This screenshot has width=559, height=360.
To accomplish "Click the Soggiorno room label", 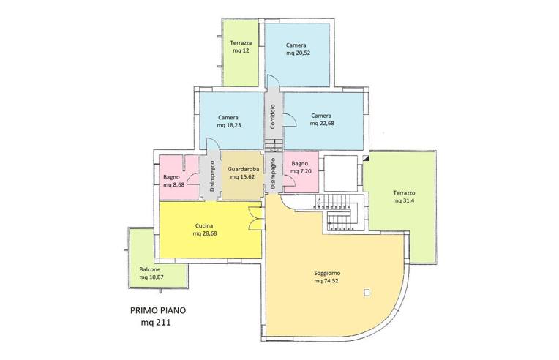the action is pos(327,274).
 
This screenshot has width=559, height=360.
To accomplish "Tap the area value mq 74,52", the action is pos(326,281).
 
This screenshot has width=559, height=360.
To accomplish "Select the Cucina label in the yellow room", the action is pos(204,225).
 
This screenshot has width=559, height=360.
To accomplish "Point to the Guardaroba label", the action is pos(244,169).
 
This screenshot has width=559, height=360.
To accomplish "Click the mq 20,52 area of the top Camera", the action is pos(298,53).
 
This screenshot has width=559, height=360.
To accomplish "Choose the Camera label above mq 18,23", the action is pos(228,117).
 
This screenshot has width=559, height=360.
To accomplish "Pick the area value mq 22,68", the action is pos(322,124).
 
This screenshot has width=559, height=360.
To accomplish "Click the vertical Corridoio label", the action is pos(273,116).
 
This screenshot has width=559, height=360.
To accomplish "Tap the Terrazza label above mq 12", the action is pos(241,42).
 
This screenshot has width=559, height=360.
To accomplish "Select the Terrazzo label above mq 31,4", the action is pos(404,193).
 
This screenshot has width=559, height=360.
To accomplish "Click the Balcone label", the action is pos(150,269).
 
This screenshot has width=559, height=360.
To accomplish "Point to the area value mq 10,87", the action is pos(151,277).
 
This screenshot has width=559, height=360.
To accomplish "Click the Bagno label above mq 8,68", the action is pos(171,177).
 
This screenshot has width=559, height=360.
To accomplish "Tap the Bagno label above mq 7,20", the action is pos(299,164).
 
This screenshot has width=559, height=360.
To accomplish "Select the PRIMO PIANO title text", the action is pos(158,310).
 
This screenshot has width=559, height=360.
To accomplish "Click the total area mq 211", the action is pos(155,323).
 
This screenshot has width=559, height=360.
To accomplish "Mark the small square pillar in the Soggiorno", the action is pos(367,293).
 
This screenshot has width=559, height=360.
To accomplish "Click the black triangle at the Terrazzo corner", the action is pos(366,158).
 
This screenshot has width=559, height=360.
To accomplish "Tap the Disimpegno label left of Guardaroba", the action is pos(212,176).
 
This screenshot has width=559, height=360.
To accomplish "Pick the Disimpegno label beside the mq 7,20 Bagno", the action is pos(273,173).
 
